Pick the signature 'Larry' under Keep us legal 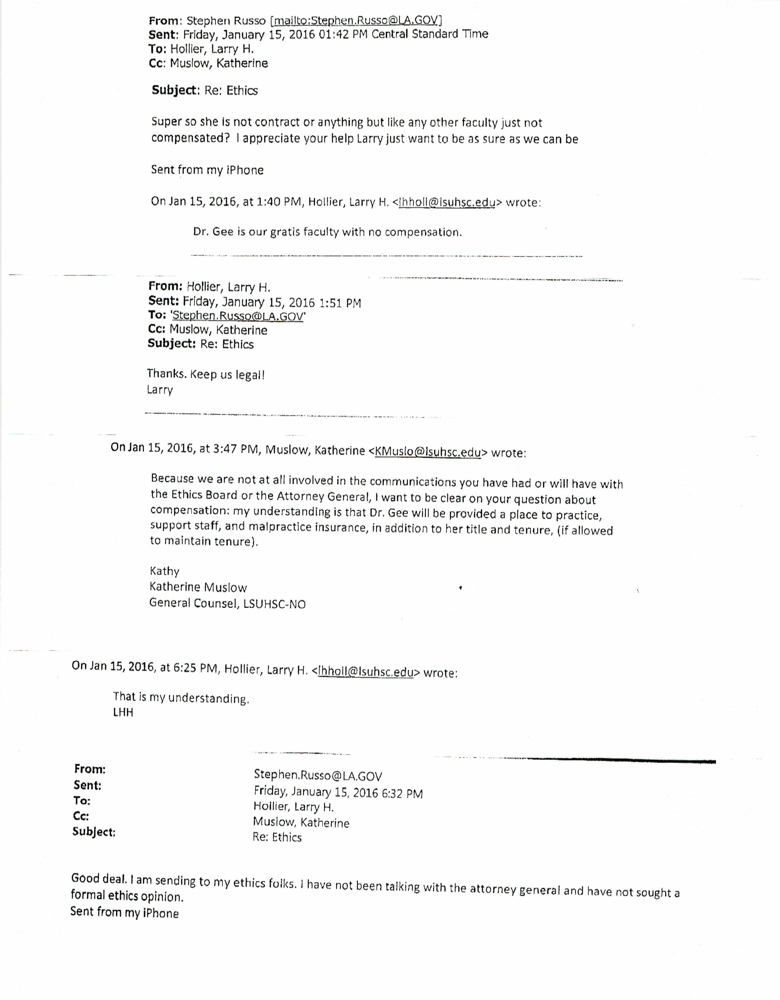[x=160, y=390]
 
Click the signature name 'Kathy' [x=165, y=571]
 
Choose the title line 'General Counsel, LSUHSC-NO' [x=227, y=604]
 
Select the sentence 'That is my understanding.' [x=181, y=698]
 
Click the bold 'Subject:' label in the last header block [x=94, y=832]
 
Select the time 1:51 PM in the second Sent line [x=340, y=303]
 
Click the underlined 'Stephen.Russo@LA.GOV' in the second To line [x=238, y=316]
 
